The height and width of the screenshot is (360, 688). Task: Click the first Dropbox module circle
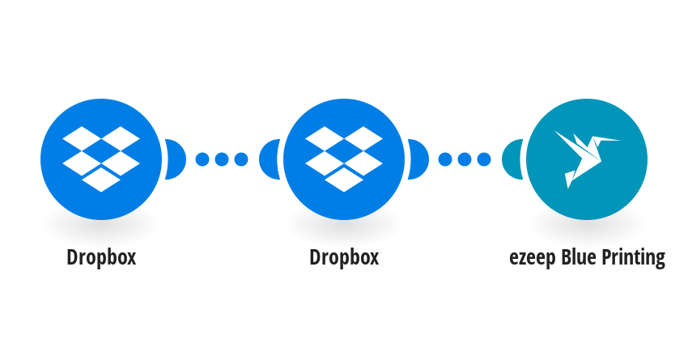click(101, 159)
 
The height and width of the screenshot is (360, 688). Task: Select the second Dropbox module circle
click(344, 159)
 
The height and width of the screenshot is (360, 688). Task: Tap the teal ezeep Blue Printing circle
click(587, 159)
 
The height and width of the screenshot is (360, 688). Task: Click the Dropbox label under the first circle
click(101, 257)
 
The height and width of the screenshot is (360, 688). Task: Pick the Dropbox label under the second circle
click(344, 257)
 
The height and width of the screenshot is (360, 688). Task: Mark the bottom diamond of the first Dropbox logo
click(101, 180)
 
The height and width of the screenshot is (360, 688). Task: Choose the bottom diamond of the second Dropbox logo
click(344, 180)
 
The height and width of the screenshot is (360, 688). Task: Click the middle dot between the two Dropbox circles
click(222, 159)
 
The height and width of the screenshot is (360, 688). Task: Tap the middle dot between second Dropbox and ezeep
click(465, 159)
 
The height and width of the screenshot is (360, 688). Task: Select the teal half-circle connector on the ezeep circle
click(512, 159)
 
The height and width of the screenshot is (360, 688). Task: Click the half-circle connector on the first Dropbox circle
click(176, 159)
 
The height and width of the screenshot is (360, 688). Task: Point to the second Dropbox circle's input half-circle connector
click(269, 159)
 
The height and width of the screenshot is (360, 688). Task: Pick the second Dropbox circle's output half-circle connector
click(418, 159)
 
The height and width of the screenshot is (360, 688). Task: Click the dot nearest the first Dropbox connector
click(202, 159)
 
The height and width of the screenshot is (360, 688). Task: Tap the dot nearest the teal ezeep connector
click(483, 159)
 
